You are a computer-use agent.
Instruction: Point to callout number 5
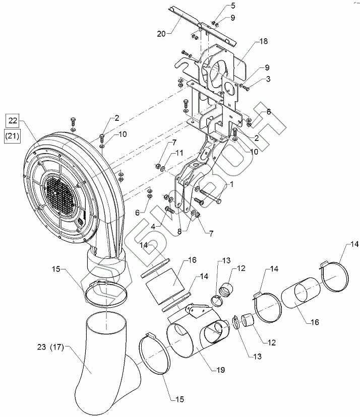point(218,6)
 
